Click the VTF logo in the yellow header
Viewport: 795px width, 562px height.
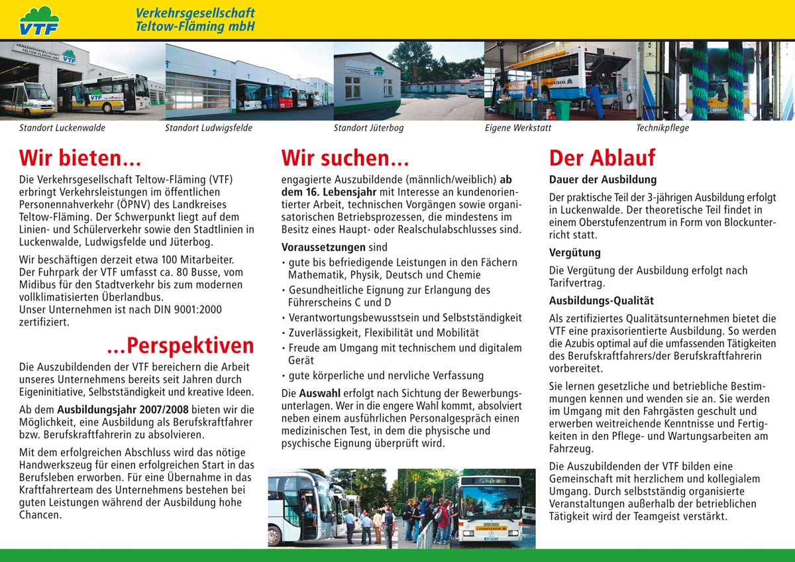click(x=39, y=20)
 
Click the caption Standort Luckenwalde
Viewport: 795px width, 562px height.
click(x=62, y=128)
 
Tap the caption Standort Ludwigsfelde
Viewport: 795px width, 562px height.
click(x=209, y=128)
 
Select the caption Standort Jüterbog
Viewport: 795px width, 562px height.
click(x=368, y=128)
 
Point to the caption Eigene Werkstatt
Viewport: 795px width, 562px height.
click(x=517, y=128)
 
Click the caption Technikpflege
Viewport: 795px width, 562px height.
click(x=662, y=128)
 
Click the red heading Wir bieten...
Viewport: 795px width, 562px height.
click(x=80, y=158)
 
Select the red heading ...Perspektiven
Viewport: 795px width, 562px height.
click(x=180, y=345)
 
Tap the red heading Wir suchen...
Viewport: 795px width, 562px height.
click(x=345, y=158)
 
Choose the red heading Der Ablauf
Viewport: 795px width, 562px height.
click(x=602, y=158)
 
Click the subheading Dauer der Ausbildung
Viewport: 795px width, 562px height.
click(x=603, y=180)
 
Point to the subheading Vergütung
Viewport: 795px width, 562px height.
click(x=575, y=253)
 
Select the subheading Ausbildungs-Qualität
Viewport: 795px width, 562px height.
click(x=602, y=301)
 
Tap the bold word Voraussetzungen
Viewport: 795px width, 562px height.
click(x=323, y=247)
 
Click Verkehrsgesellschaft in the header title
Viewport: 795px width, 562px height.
click(x=195, y=13)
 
